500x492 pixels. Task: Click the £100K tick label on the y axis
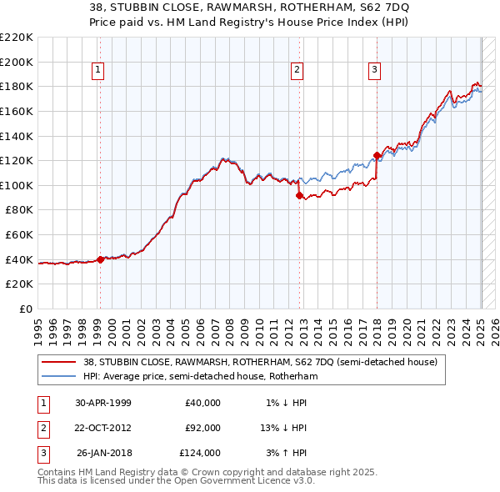(16, 185)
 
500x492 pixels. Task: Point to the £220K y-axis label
(16, 38)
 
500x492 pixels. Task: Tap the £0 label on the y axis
(25, 309)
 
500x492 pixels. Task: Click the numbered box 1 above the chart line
(98, 70)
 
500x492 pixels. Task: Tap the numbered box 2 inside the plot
(297, 70)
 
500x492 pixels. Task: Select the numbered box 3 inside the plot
(375, 70)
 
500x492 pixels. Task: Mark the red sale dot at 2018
(377, 155)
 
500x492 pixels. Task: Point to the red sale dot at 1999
(101, 259)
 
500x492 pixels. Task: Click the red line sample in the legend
(59, 362)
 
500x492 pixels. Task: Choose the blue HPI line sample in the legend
(59, 376)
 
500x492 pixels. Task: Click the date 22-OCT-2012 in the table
(103, 428)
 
